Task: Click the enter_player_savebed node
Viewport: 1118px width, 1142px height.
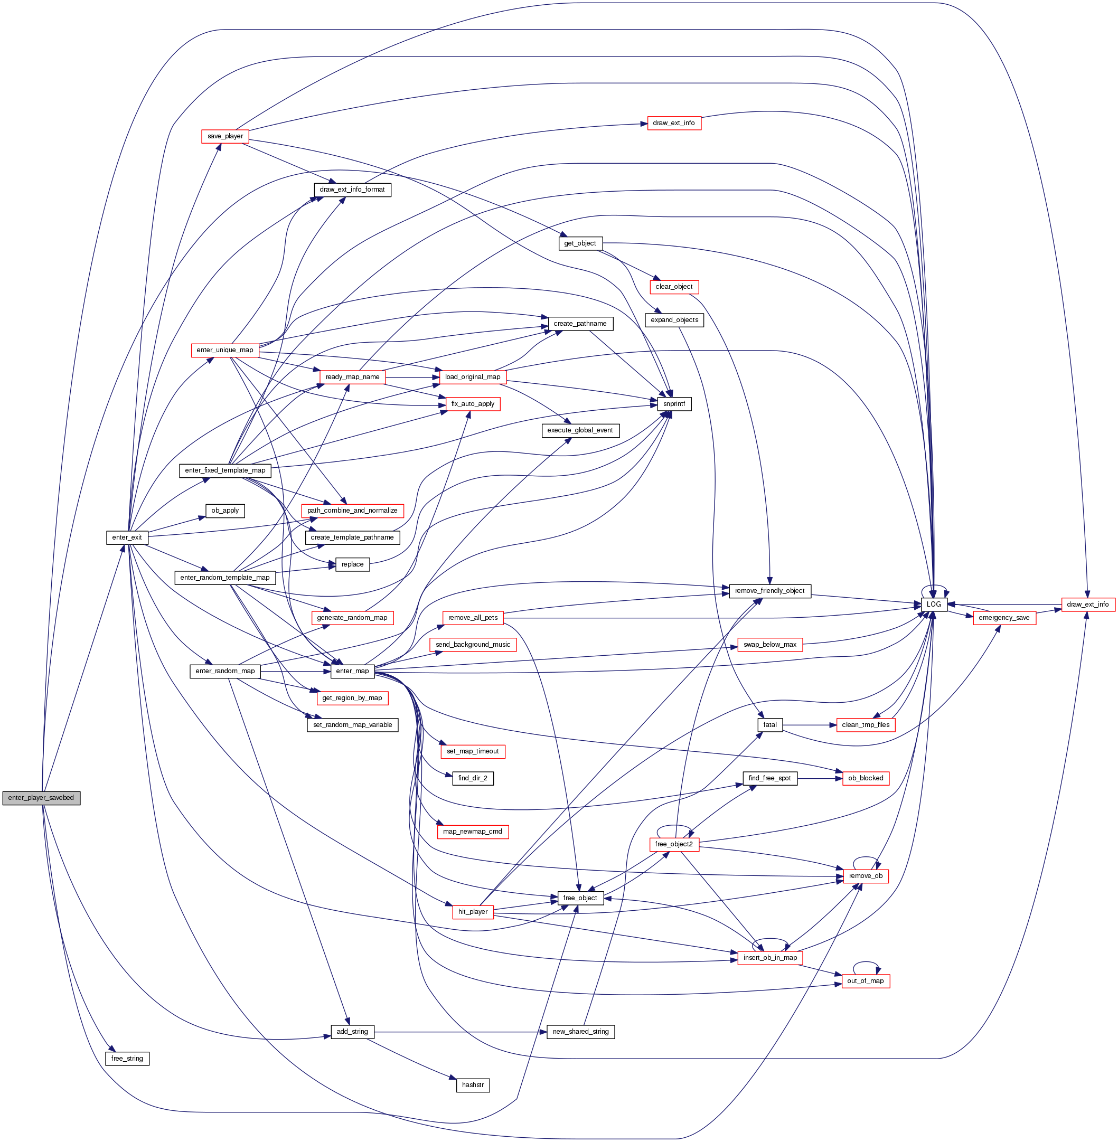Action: point(41,797)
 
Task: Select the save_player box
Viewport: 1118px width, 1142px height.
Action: point(225,136)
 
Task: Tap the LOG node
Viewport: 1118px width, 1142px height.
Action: point(934,604)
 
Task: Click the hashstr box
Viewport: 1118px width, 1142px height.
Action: point(473,1085)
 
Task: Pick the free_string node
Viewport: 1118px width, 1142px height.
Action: point(127,1059)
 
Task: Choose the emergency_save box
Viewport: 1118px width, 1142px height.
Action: point(1004,618)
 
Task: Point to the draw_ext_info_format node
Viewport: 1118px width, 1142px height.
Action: point(352,190)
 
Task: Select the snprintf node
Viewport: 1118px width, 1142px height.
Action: point(674,404)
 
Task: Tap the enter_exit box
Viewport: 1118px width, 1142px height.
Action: point(127,537)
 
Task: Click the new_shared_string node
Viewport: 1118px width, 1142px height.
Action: point(581,1032)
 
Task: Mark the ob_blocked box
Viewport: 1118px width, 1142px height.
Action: point(866,778)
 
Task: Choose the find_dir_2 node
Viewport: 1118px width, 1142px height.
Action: point(473,778)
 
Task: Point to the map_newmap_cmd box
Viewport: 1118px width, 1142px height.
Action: point(473,832)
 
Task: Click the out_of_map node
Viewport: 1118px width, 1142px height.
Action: point(866,980)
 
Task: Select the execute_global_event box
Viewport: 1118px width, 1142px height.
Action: point(580,430)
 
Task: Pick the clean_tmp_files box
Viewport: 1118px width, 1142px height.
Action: point(866,724)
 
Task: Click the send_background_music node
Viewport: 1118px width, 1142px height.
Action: point(473,645)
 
